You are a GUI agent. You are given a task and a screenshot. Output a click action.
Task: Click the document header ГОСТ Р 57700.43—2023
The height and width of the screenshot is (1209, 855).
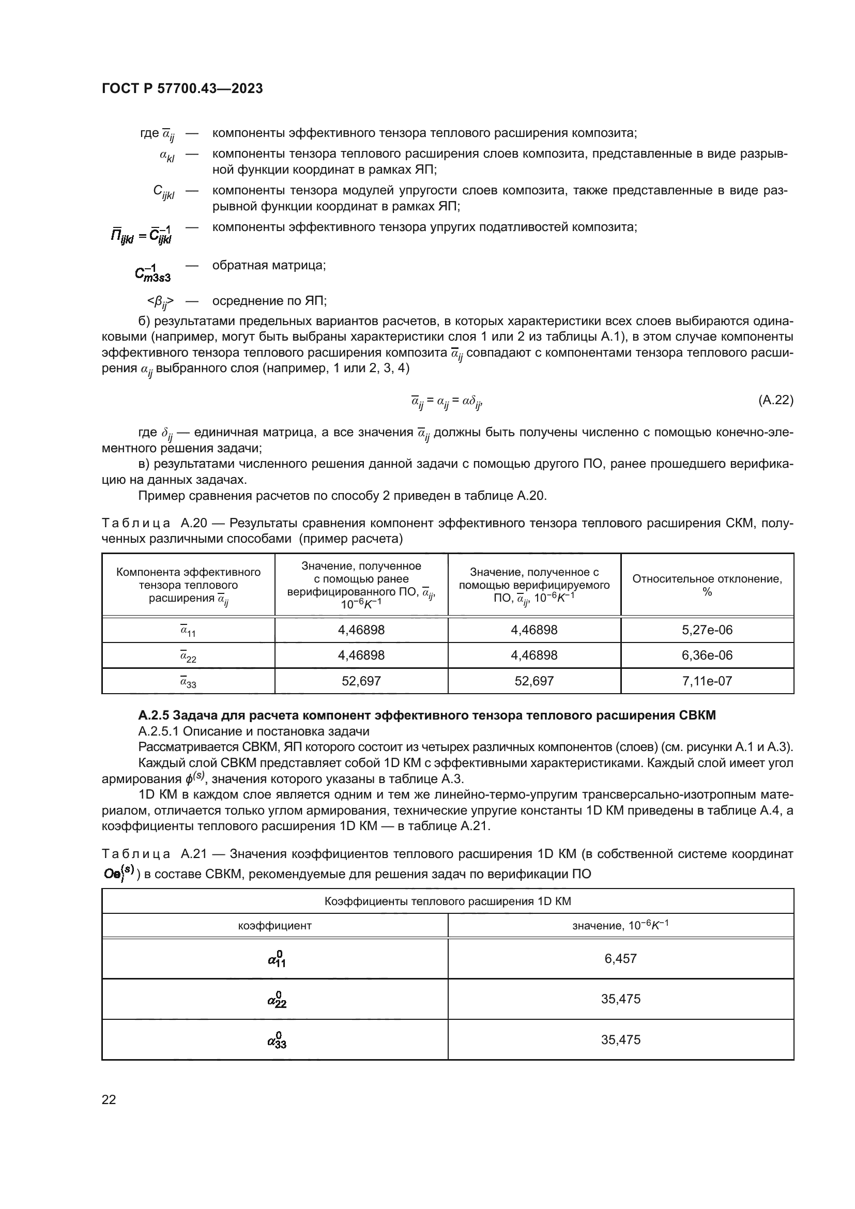182,89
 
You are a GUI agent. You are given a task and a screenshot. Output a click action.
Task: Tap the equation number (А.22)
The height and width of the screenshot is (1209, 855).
775,400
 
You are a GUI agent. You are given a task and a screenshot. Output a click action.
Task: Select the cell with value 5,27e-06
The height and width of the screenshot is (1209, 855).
707,630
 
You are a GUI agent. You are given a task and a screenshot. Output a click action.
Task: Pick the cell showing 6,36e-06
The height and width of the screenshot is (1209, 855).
707,655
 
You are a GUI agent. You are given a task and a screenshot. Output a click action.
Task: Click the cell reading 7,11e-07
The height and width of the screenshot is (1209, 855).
707,681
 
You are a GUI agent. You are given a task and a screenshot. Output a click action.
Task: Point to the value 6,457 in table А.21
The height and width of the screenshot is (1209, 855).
620,958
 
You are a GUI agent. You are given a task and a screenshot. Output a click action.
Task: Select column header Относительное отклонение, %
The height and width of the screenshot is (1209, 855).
707,585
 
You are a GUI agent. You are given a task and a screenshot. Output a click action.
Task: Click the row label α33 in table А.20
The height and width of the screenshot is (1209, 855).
188,681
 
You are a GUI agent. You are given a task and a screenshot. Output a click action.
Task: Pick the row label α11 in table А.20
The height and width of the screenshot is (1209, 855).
188,630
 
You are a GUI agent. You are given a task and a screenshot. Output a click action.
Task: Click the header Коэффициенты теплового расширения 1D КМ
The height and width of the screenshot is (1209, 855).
447,901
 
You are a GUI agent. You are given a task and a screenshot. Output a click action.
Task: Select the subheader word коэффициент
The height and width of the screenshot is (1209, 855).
274,925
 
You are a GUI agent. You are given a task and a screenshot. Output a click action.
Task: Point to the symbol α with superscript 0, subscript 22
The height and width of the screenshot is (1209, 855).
277,1000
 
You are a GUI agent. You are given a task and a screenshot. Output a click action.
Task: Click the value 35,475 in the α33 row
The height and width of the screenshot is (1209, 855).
620,1040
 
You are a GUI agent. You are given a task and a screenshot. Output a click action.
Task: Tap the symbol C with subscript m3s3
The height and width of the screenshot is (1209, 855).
152,273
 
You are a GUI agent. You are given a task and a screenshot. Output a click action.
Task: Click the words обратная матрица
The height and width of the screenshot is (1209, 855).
268,265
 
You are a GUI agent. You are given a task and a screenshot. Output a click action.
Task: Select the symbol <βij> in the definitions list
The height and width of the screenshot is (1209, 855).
161,302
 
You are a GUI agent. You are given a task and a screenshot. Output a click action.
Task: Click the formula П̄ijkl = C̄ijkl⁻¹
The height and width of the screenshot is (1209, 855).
141,234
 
